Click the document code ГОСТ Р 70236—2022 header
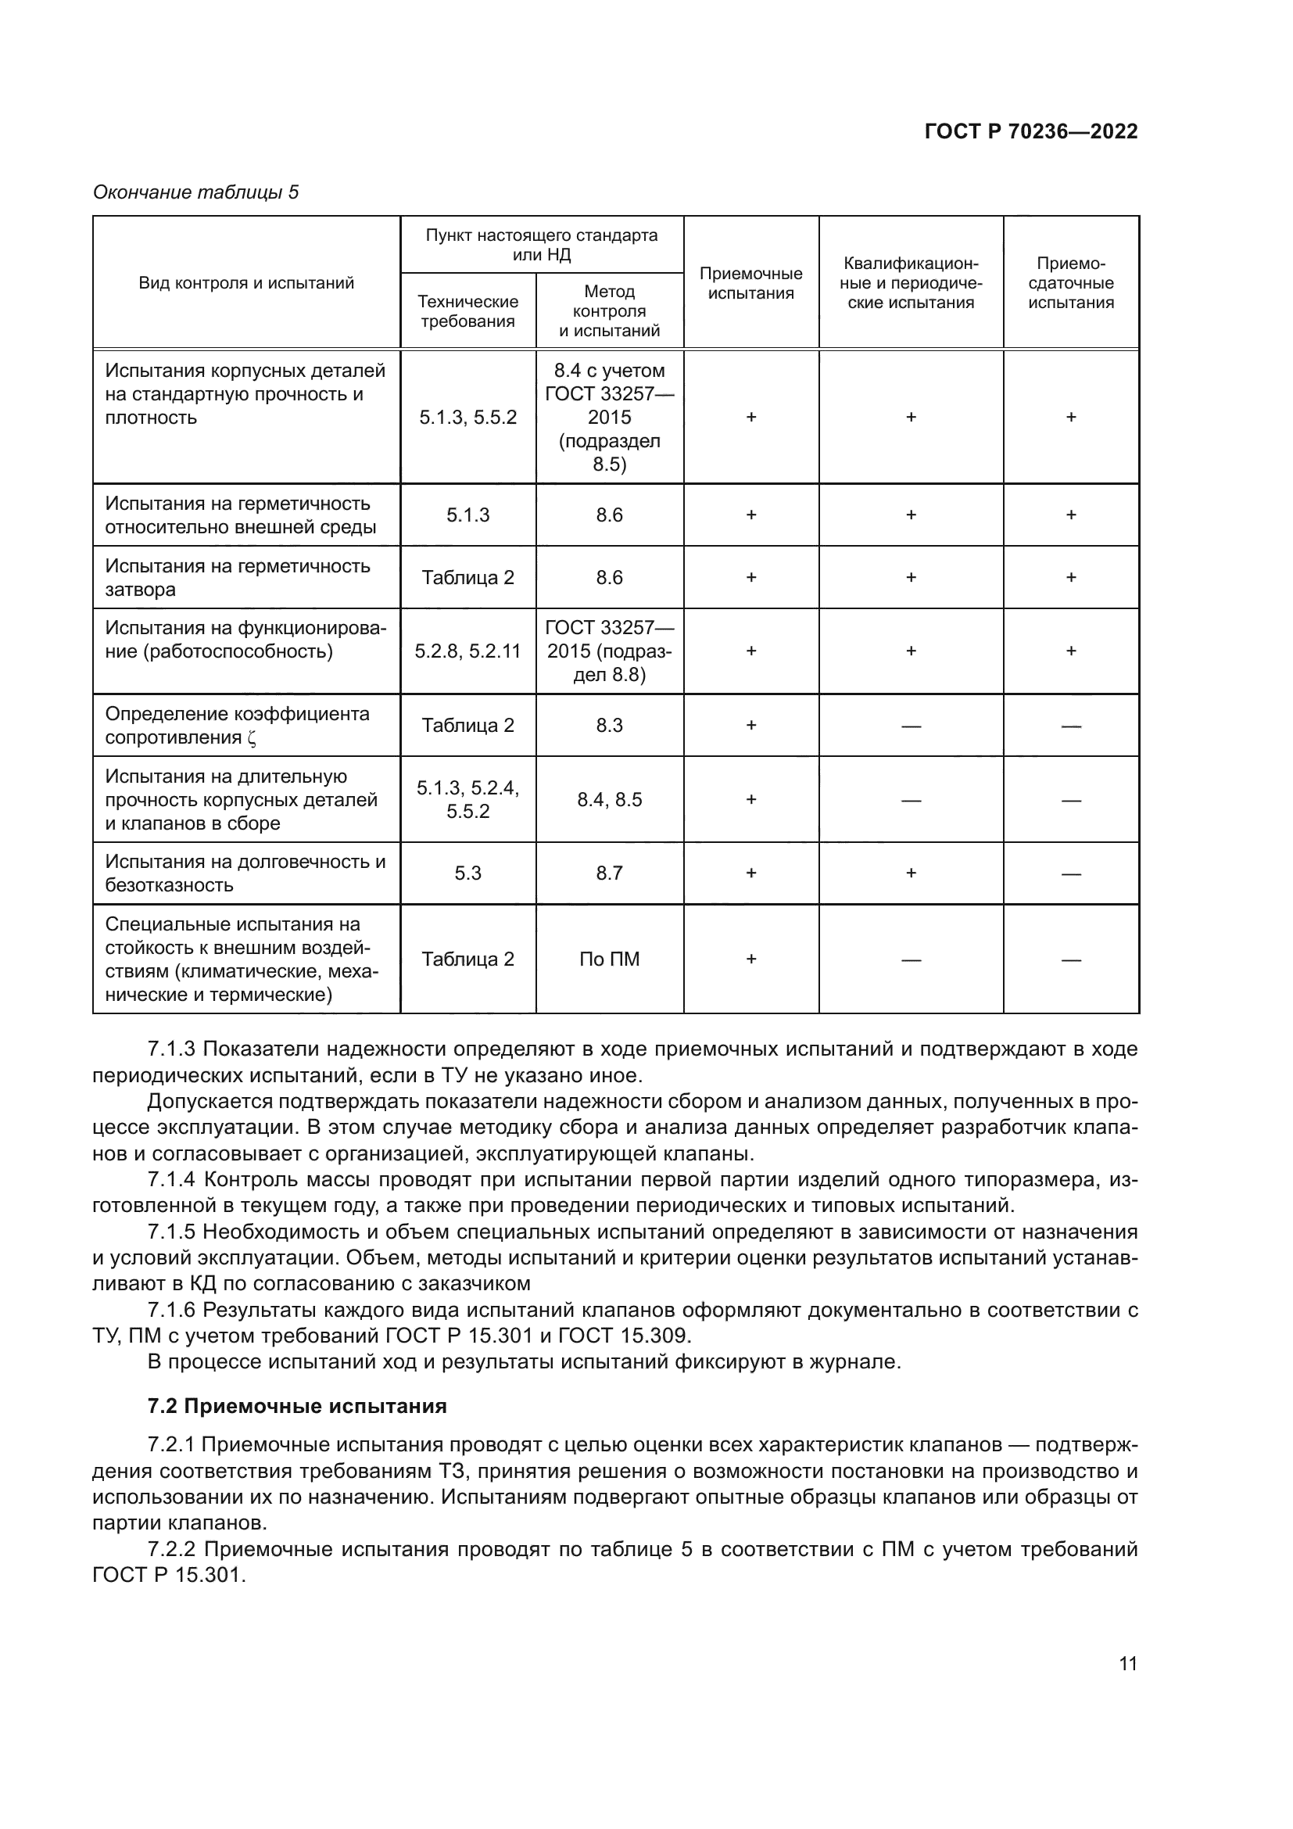[1030, 131]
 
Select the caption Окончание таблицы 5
[196, 192]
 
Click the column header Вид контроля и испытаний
[246, 283]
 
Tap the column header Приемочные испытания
[750, 283]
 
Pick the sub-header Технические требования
[467, 310]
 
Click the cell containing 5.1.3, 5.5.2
[467, 417]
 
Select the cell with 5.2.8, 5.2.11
[467, 651]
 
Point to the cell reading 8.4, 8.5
[609, 799]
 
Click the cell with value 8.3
[609, 725]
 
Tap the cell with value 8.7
[609, 873]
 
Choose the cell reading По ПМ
[609, 959]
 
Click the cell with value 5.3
[467, 873]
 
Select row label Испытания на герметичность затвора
[238, 578]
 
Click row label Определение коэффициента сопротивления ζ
[238, 725]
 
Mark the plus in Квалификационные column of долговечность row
[910, 873]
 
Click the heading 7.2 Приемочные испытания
[297, 1405]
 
